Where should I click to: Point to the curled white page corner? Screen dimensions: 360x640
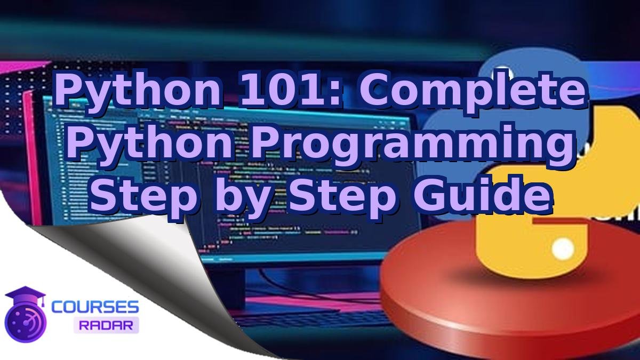(x=133, y=267)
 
